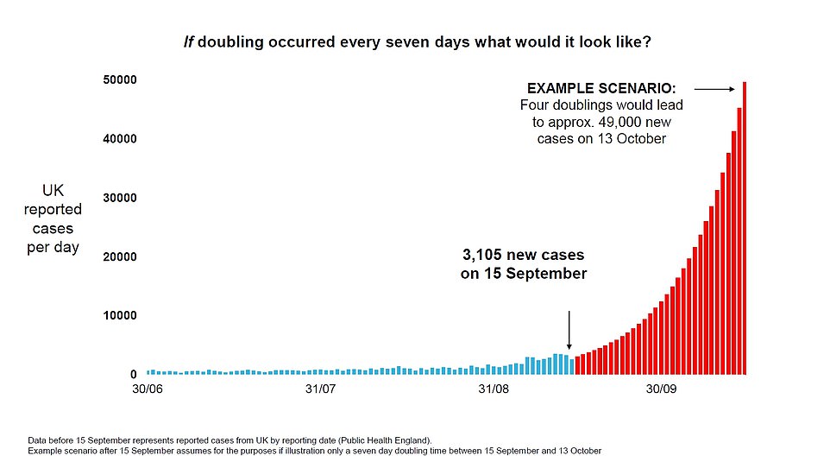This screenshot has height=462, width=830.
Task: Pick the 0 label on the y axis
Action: coord(134,374)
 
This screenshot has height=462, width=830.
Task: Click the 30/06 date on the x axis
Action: coord(148,389)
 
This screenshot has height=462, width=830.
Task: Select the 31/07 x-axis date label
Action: coord(320,389)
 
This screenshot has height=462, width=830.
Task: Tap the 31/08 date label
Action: coord(494,389)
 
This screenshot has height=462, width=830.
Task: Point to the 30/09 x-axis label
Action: coord(662,389)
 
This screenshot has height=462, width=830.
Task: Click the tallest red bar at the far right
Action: coord(745,229)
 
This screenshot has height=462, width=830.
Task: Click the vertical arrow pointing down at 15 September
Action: coord(569,328)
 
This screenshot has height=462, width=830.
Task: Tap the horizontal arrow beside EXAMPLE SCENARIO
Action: coord(714,88)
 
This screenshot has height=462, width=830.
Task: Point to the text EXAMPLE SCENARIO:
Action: coord(601,88)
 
